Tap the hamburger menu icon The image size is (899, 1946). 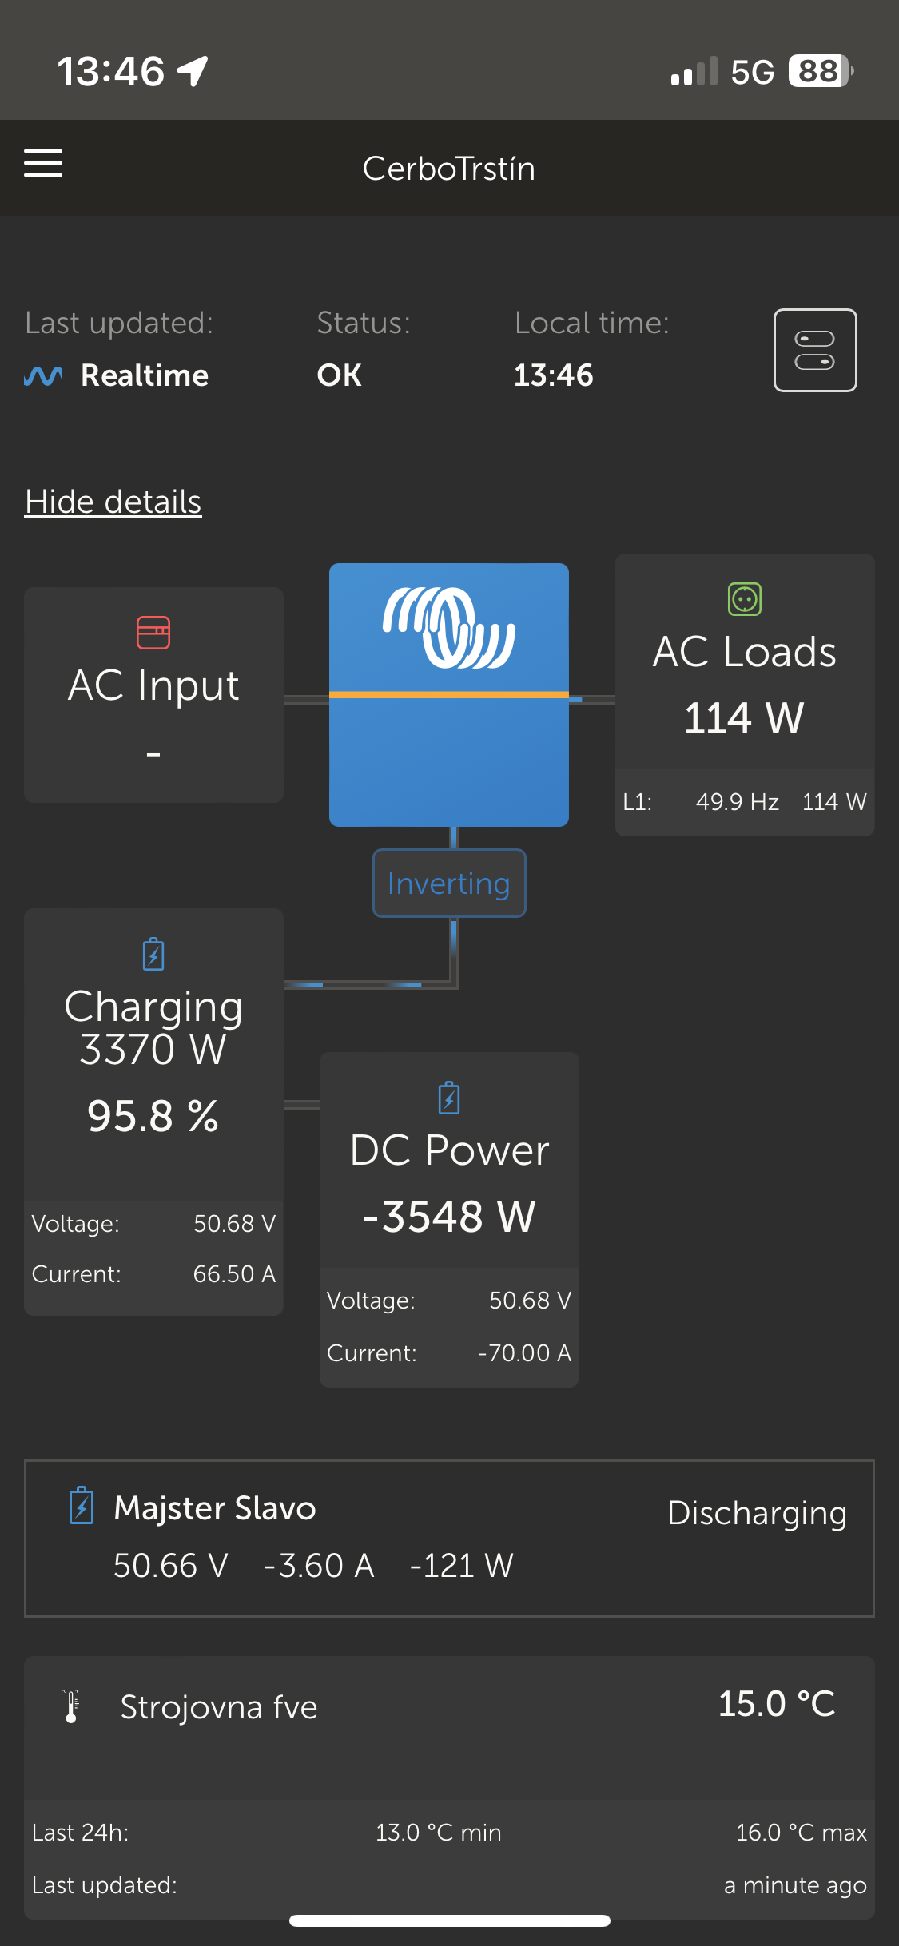(x=43, y=163)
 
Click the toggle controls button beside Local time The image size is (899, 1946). (x=815, y=350)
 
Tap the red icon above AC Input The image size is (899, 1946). (x=153, y=633)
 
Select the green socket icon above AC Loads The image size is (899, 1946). (x=745, y=599)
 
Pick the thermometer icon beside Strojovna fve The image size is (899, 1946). (x=71, y=1706)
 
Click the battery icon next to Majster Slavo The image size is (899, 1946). (x=82, y=1506)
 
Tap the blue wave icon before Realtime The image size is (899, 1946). (x=43, y=375)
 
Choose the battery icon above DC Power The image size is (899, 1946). (x=449, y=1098)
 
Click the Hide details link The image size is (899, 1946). (x=113, y=502)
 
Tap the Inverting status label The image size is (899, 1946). (x=449, y=884)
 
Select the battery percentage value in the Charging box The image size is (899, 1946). (x=153, y=1116)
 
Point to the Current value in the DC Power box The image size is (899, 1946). (x=524, y=1352)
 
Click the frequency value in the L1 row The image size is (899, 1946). (x=737, y=801)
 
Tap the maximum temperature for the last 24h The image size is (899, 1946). (x=801, y=1832)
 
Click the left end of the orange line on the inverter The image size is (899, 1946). (x=330, y=695)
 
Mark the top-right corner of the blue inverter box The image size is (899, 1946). (x=568, y=564)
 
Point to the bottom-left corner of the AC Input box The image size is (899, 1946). (x=25, y=802)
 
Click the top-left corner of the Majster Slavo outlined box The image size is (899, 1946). (x=25, y=1461)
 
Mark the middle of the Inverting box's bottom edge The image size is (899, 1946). (x=449, y=916)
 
